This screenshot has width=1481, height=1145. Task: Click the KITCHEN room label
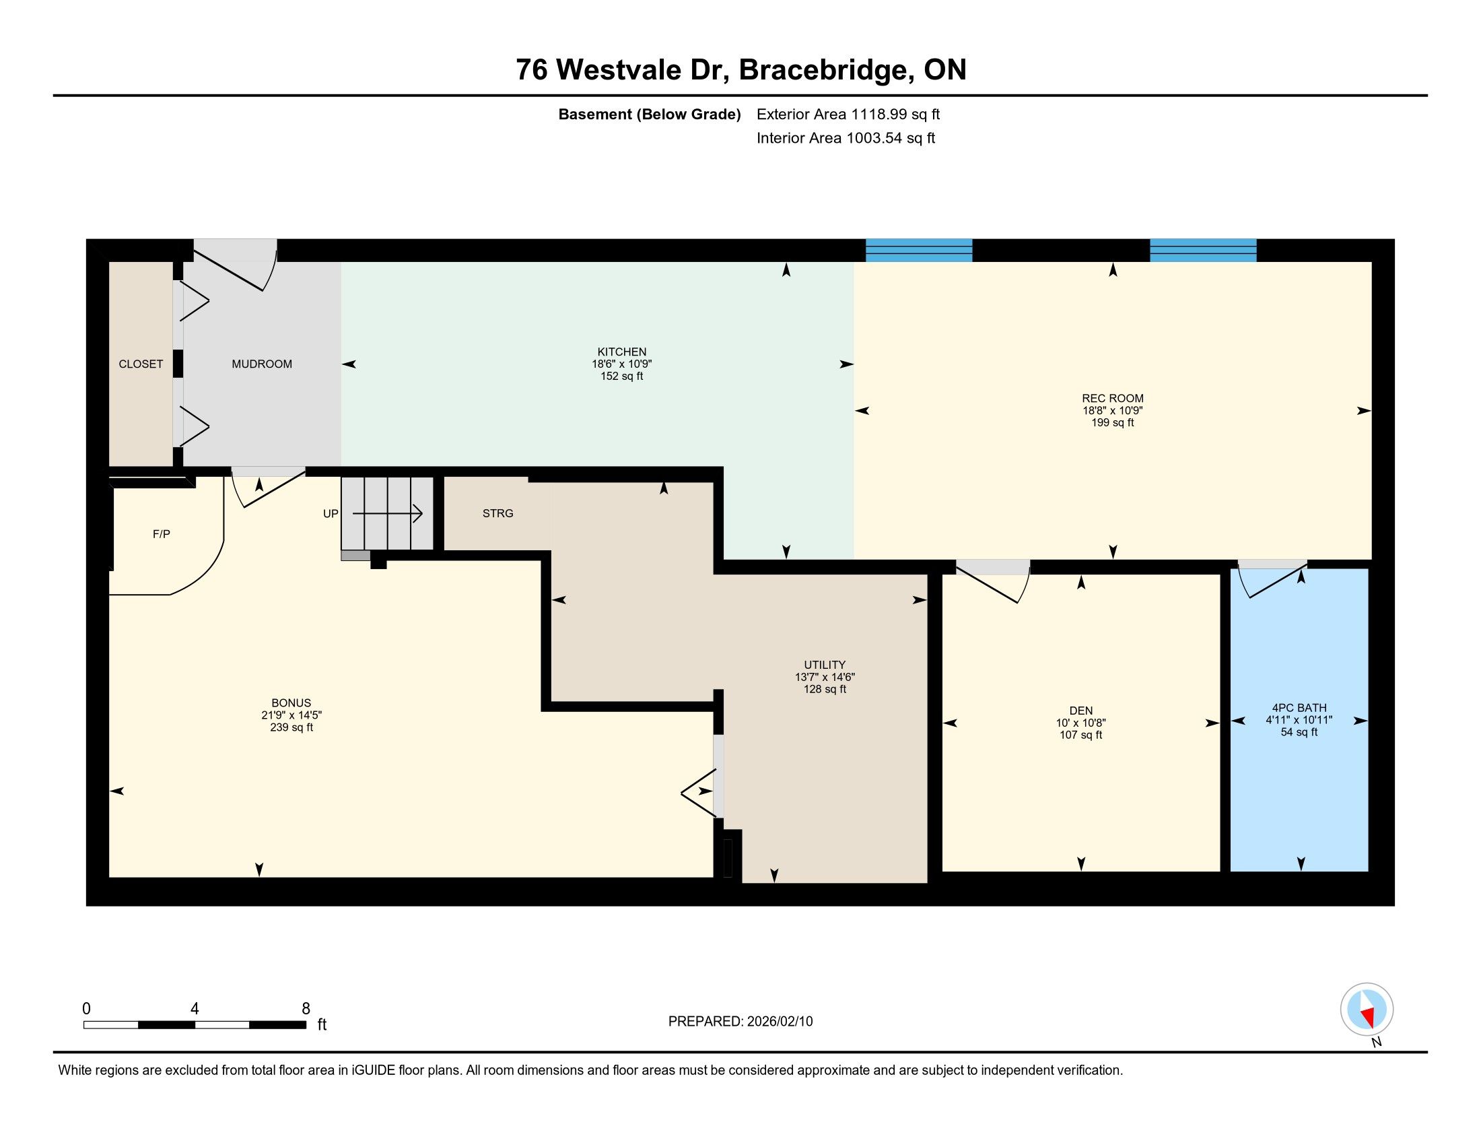pos(621,352)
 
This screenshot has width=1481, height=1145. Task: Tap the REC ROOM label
pos(1112,398)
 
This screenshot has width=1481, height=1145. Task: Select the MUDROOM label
pos(262,364)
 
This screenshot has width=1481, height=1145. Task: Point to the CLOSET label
pos(141,364)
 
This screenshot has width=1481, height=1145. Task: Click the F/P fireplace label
pos(162,535)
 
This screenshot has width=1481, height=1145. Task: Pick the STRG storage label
pos(497,513)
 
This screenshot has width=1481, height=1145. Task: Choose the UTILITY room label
pos(825,665)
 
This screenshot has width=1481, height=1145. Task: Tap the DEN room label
pos(1081,711)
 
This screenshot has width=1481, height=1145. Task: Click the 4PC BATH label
pos(1299,707)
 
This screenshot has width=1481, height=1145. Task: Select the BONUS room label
pos(291,703)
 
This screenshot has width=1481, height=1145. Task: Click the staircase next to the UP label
pos(387,513)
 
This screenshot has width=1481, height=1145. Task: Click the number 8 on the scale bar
pos(306,1009)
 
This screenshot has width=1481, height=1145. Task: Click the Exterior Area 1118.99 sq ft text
pos(848,114)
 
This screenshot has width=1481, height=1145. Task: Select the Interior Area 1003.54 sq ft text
pos(846,138)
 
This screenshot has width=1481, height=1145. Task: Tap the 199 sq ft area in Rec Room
pos(1112,422)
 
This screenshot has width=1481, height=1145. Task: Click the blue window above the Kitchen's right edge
pos(919,251)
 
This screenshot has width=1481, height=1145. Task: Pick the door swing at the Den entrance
pos(994,581)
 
